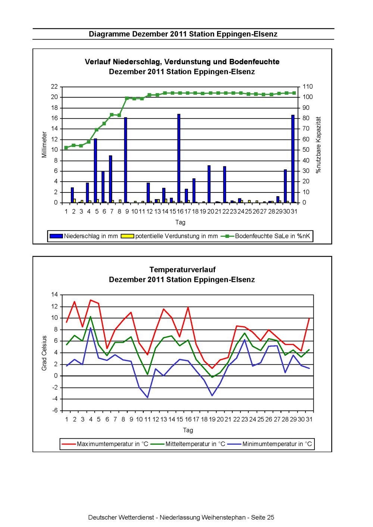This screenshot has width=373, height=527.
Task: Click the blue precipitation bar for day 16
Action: (179, 159)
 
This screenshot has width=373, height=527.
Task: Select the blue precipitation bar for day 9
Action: (126, 160)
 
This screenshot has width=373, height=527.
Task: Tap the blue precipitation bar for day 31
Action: (293, 159)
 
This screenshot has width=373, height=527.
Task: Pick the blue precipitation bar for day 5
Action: (95, 170)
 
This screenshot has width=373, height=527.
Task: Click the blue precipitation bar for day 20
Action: (209, 184)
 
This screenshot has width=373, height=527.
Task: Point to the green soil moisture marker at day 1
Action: (66, 148)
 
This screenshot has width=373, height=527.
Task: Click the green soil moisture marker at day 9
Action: (127, 98)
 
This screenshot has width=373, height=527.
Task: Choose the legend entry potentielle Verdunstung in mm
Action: (169, 236)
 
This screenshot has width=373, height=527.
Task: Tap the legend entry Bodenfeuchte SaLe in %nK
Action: (266, 236)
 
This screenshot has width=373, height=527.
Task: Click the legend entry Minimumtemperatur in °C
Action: (270, 444)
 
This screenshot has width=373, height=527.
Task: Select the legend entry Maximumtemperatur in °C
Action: (105, 444)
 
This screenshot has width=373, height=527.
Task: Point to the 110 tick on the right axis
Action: (308, 87)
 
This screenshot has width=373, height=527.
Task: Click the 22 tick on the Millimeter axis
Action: (54, 87)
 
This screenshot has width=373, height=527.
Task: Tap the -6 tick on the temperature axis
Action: (54, 410)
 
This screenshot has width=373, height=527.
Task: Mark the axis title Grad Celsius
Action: (44, 353)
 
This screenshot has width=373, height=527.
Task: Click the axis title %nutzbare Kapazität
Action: (318, 145)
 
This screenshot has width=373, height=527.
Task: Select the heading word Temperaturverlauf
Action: (182, 269)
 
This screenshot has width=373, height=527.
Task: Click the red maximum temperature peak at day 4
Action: (91, 300)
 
